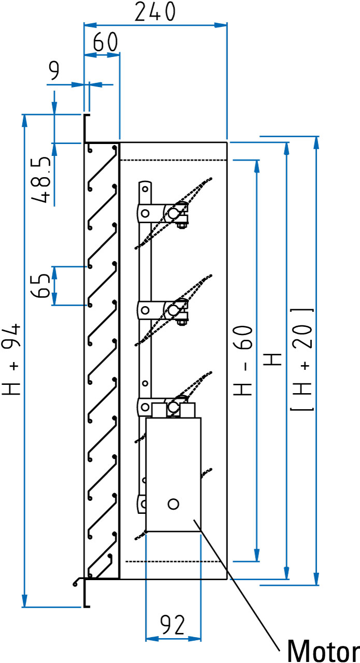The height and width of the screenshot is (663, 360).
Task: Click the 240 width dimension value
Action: pyautogui.click(x=155, y=12)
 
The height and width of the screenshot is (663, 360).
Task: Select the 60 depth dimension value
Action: pyautogui.click(x=105, y=42)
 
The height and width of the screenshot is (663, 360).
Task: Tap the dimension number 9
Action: pyautogui.click(x=54, y=72)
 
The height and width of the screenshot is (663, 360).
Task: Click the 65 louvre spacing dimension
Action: pyautogui.click(x=41, y=285)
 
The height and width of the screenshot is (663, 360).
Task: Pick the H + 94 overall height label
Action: pyautogui.click(x=12, y=359)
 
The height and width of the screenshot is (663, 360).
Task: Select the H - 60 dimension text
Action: pyautogui.click(x=244, y=361)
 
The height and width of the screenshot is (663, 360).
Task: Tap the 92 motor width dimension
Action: pyautogui.click(x=172, y=626)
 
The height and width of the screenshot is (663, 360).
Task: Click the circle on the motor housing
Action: pyautogui.click(x=174, y=503)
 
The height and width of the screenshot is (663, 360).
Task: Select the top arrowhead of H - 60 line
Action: pyautogui.click(x=256, y=165)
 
